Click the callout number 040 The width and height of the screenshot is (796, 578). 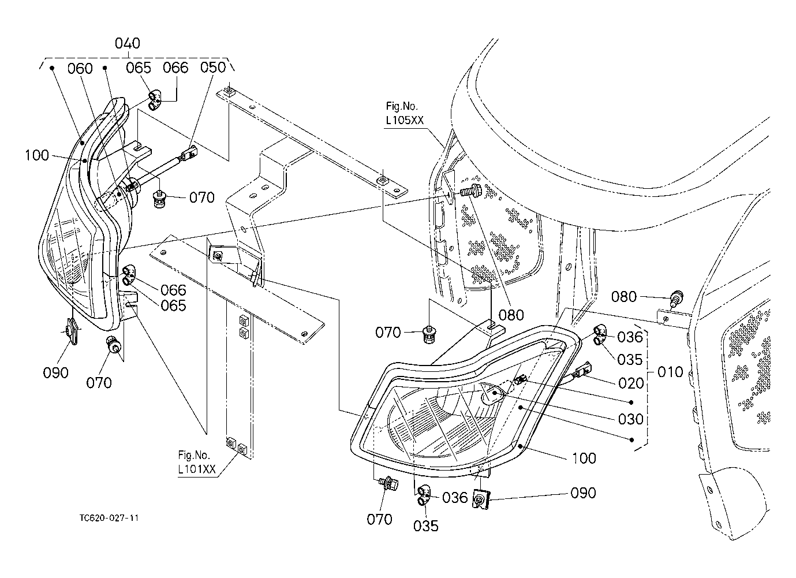[x=128, y=43]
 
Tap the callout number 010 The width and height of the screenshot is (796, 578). [x=670, y=372]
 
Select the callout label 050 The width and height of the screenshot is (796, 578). [x=213, y=68]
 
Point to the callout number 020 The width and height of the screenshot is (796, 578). [x=631, y=383]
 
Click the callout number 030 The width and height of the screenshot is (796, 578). [x=631, y=419]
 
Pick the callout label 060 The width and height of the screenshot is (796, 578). [x=80, y=68]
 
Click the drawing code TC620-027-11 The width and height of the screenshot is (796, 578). [x=109, y=518]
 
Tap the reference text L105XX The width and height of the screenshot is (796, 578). [x=405, y=120]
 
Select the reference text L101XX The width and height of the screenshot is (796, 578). [x=197, y=469]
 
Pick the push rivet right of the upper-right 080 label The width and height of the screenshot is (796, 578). [x=677, y=297]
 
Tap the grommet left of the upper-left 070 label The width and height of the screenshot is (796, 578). [x=159, y=199]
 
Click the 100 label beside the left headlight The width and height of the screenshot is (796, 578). [x=36, y=155]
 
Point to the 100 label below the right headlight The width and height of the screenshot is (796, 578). [x=584, y=458]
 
